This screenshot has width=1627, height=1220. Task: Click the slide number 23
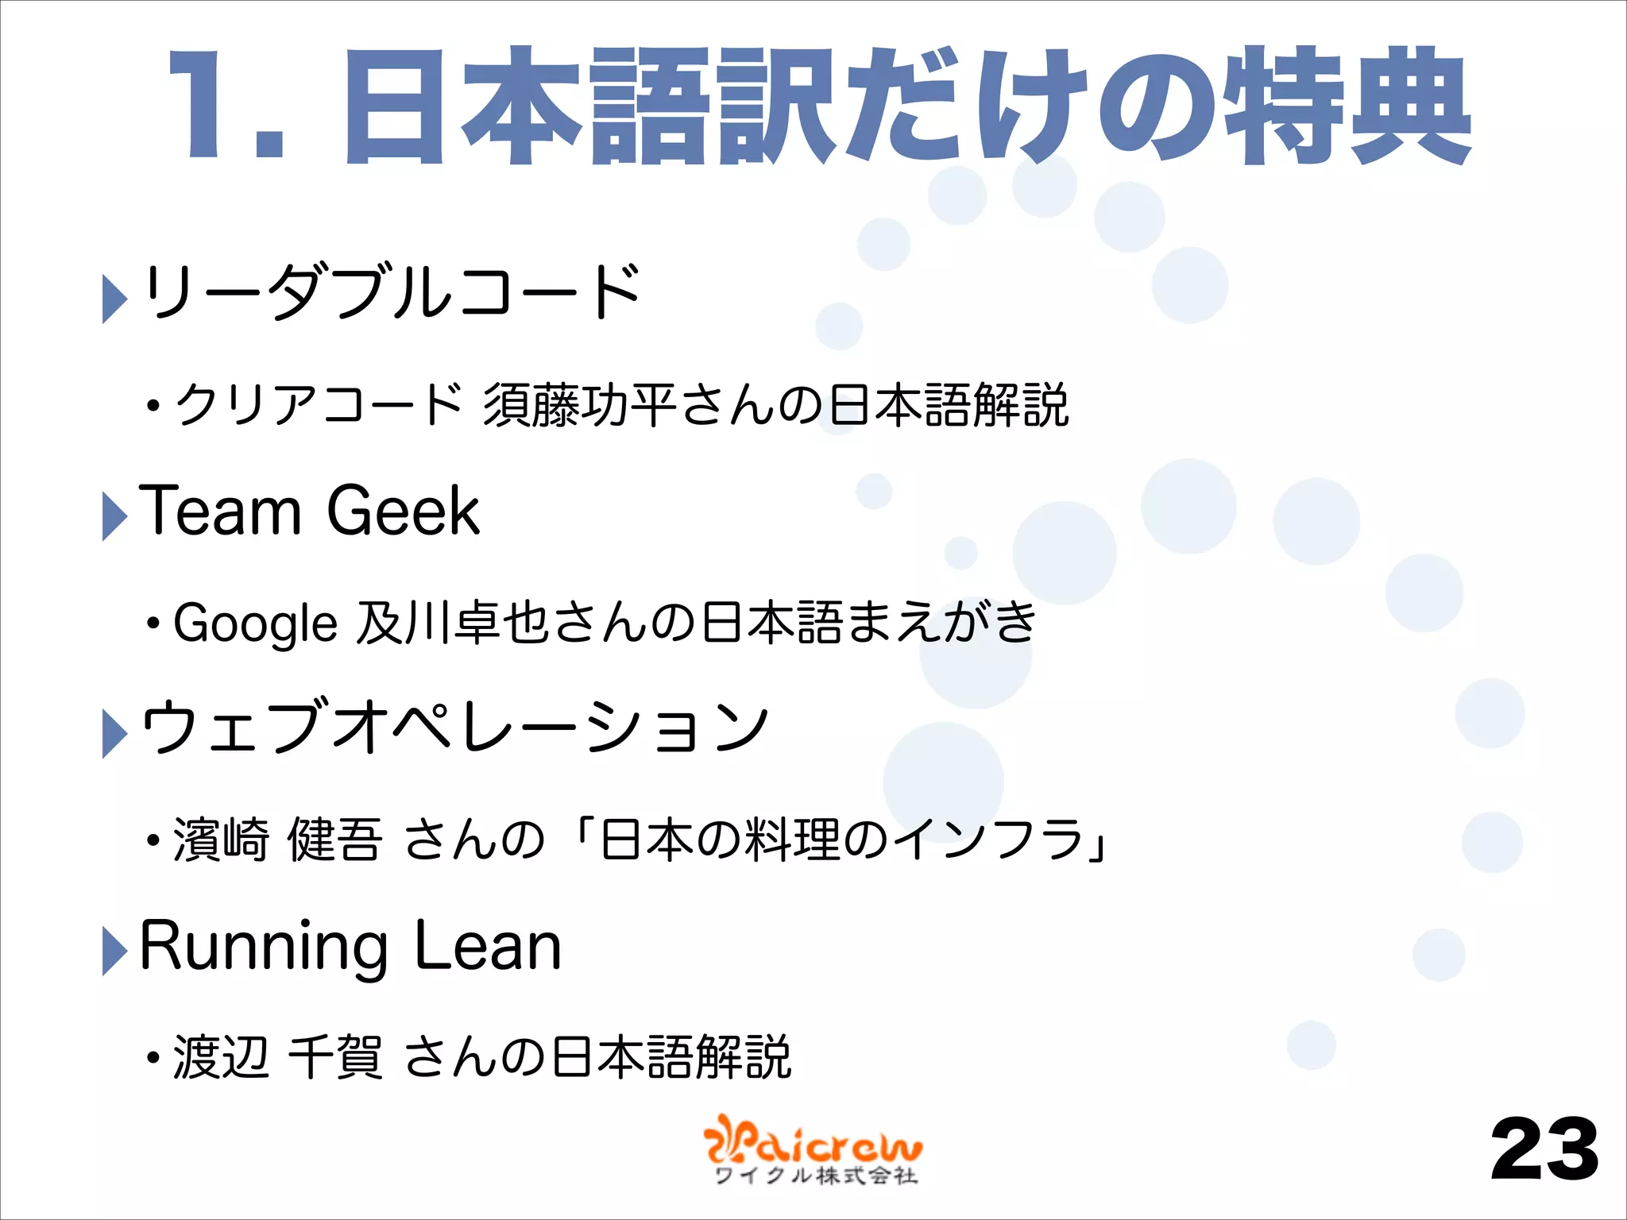click(x=1544, y=1149)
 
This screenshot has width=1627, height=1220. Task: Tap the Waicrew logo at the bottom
click(x=813, y=1150)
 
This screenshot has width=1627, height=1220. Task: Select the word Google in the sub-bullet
click(x=255, y=623)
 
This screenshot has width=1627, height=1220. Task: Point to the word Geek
click(x=403, y=511)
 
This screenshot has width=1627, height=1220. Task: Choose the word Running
click(x=263, y=947)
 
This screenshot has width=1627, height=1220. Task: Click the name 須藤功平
click(x=579, y=405)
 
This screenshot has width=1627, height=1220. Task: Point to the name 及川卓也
click(x=453, y=623)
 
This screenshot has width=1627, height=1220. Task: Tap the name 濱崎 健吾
click(x=278, y=840)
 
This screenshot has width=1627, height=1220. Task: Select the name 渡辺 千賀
click(x=278, y=1057)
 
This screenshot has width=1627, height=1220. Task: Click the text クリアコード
click(x=319, y=405)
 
